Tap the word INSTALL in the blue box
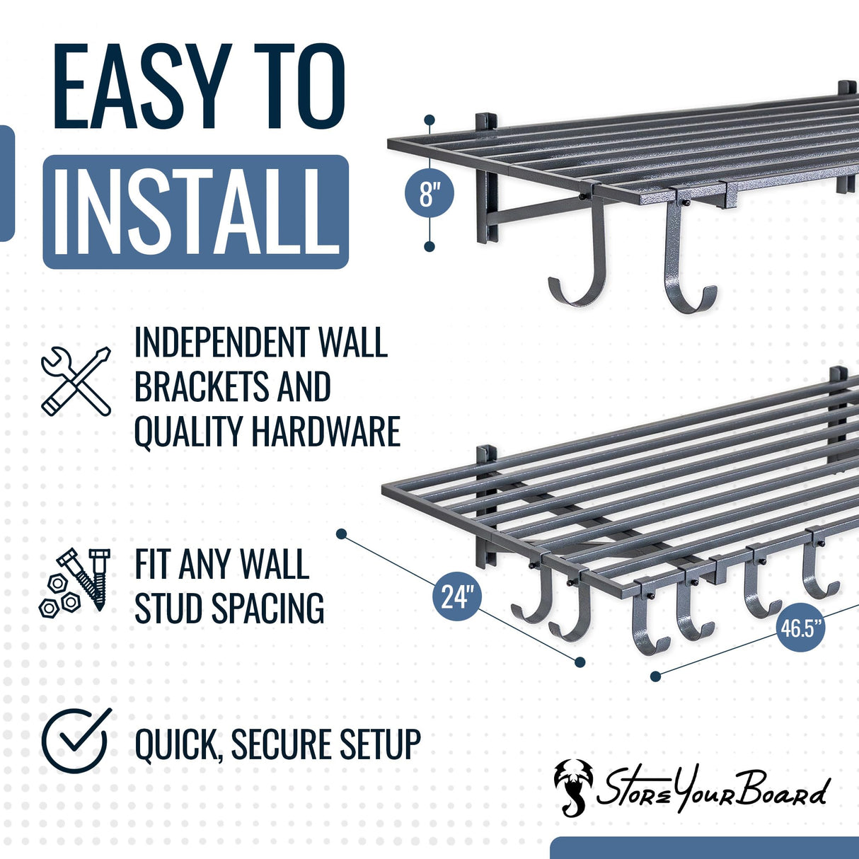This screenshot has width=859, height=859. (196, 212)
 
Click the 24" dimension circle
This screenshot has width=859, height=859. (456, 596)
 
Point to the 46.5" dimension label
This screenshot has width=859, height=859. (802, 627)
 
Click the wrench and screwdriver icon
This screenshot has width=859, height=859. (76, 381)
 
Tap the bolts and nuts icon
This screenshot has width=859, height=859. (74, 582)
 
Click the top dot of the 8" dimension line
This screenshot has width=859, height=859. (429, 120)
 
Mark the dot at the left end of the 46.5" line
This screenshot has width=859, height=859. (655, 676)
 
